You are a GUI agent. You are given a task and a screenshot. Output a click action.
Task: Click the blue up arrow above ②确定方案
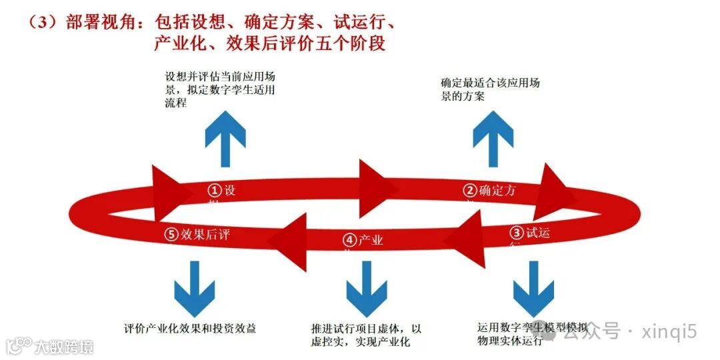pos(493,139)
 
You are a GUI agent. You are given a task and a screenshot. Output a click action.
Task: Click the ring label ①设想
pos(221,191)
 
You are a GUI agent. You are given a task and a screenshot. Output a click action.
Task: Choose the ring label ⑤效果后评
pos(199,234)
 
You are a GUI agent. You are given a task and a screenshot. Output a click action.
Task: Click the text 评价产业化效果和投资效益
pos(190,329)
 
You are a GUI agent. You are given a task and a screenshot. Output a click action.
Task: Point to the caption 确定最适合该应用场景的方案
pos(489,89)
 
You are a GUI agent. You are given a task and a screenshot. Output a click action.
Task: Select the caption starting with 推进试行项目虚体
pos(366,335)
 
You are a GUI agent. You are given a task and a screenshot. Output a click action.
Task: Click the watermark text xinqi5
pos(669,331)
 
